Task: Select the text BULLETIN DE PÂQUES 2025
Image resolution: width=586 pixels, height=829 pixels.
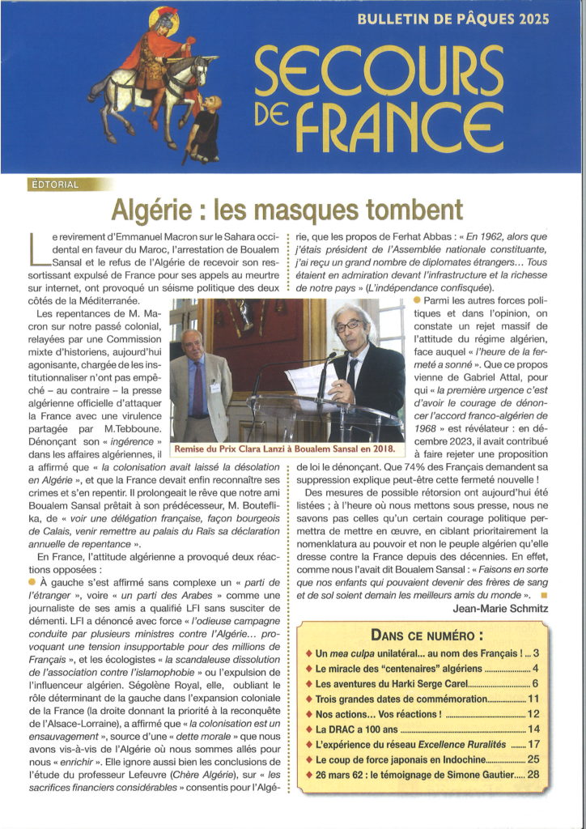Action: (453, 19)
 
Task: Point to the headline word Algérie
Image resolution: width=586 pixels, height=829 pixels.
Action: (155, 210)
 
